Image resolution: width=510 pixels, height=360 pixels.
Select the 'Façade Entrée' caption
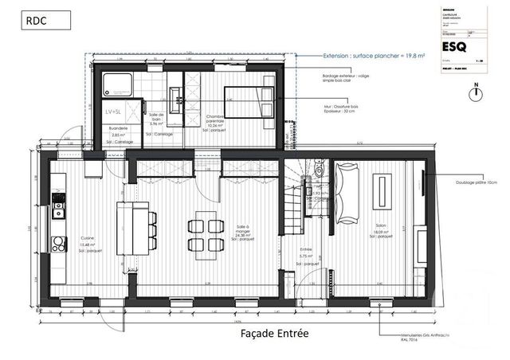coord(274,334)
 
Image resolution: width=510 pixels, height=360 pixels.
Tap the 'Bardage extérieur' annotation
coord(347,78)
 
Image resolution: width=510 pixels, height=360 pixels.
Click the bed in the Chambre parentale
coord(249,102)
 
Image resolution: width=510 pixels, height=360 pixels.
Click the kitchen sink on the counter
coord(57,210)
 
